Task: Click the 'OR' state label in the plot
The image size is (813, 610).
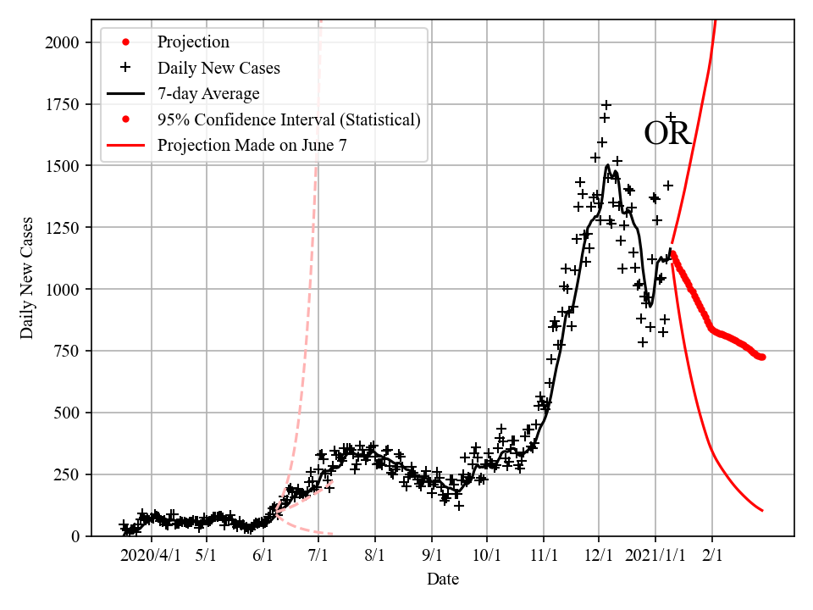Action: (x=667, y=134)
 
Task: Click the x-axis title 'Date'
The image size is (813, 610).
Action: (x=443, y=579)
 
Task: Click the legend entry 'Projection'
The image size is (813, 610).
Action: (x=193, y=42)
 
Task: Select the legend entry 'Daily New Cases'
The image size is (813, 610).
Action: (x=218, y=68)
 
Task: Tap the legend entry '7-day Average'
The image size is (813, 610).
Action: (x=208, y=93)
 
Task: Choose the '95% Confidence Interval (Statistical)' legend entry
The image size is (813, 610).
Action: (x=289, y=119)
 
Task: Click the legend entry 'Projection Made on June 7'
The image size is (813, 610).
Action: (x=252, y=146)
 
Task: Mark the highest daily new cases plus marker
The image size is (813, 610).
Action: (x=606, y=105)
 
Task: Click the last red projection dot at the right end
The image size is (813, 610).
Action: (x=762, y=357)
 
